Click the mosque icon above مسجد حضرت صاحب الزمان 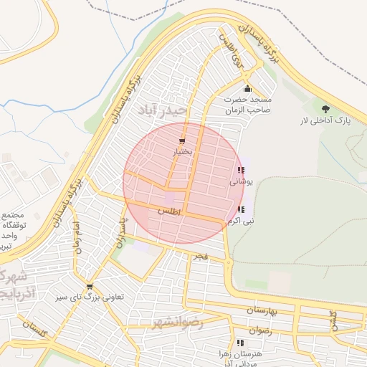point(247,89)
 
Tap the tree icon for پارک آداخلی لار point(327,109)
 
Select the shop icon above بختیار point(182,141)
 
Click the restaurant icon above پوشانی point(240,171)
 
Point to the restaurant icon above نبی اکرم point(240,209)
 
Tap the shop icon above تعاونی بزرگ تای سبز point(90,286)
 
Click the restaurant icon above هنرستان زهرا point(239,343)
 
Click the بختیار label point(182,153)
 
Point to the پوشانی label point(239,182)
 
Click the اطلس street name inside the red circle point(170,212)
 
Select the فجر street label point(200,255)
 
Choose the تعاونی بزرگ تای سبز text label point(89,297)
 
